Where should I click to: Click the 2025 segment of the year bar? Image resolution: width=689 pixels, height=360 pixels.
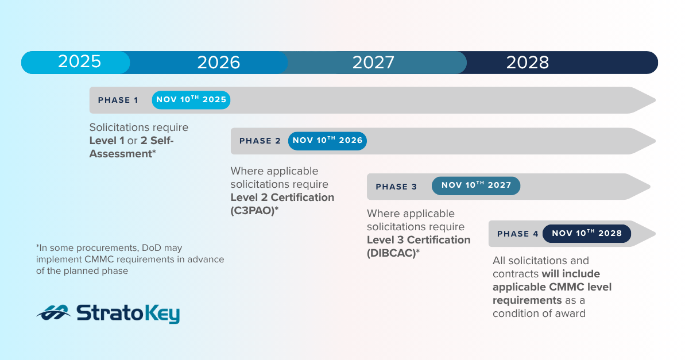(79, 62)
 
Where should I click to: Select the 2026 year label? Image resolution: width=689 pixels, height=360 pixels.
(218, 63)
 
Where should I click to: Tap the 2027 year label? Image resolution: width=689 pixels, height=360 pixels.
(373, 63)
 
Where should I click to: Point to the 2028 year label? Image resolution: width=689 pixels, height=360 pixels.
(527, 63)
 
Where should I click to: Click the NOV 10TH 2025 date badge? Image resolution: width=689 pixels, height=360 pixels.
(191, 100)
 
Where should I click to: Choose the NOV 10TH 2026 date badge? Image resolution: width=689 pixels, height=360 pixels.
(327, 141)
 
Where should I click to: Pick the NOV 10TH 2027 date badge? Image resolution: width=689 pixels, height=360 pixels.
(476, 186)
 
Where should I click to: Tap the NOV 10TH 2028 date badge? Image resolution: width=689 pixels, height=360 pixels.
(586, 234)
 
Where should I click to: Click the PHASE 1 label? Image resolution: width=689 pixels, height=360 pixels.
(118, 100)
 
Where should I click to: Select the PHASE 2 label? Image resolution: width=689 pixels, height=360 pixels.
(260, 141)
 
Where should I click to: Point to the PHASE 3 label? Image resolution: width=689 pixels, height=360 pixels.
(396, 187)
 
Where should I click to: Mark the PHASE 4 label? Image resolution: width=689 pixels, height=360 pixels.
(517, 234)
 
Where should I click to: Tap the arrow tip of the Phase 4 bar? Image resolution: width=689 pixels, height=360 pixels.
(649, 234)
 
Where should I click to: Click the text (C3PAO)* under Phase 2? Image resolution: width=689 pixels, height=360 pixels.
(254, 210)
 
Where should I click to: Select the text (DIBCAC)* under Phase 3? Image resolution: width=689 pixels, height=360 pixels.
(393, 253)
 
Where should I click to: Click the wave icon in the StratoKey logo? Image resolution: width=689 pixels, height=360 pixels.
(53, 313)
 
